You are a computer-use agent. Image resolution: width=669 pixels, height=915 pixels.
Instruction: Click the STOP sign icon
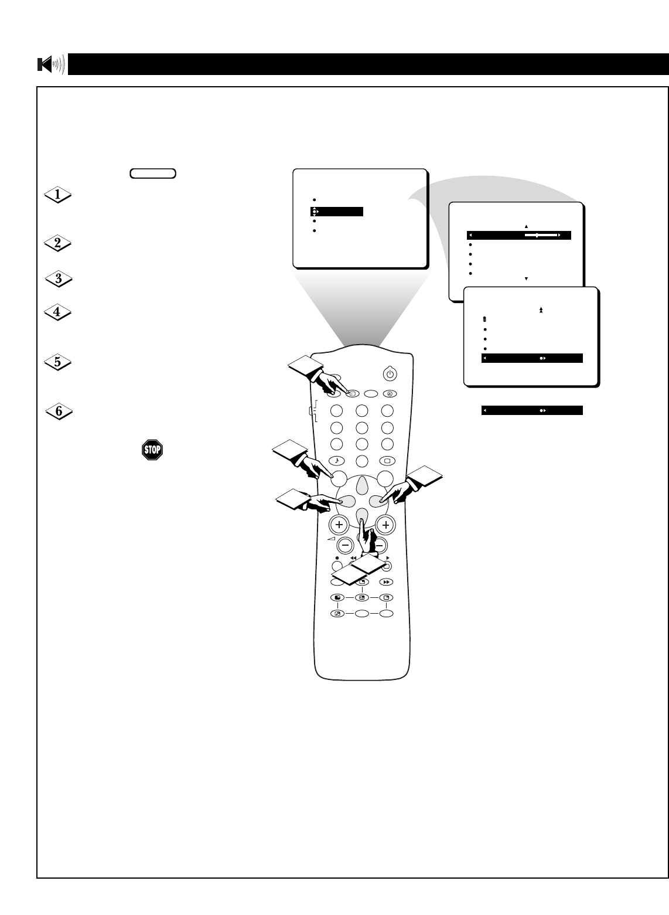coord(152,450)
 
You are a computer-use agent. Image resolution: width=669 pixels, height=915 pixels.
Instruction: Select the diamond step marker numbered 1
coord(58,196)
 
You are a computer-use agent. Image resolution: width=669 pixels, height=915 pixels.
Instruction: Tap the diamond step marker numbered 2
coord(58,243)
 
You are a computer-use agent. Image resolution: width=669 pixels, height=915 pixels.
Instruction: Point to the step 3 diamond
coord(58,279)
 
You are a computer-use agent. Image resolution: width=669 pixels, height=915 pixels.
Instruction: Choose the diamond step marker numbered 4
coord(58,312)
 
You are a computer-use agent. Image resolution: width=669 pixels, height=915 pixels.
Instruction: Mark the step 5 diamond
coord(58,362)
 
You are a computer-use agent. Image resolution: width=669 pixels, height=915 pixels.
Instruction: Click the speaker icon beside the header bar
coord(51,64)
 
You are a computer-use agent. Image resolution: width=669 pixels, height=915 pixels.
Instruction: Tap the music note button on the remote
coord(337,460)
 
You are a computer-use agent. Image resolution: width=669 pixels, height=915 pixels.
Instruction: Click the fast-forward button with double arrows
coord(386,582)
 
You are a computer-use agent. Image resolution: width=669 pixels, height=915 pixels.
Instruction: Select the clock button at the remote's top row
coord(388,394)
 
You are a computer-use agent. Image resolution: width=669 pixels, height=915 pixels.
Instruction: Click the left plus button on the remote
coord(339,525)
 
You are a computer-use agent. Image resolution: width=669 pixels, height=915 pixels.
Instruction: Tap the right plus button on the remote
coord(385,525)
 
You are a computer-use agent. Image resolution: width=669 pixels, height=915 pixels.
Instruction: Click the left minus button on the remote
coord(346,545)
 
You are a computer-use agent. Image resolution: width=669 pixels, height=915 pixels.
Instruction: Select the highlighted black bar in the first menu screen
coord(337,212)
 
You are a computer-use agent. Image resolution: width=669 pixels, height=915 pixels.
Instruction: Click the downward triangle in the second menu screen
coord(526,278)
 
